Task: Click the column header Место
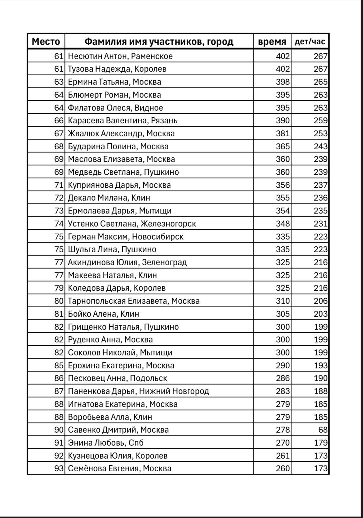click(x=46, y=42)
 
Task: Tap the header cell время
click(x=272, y=42)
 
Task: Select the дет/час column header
click(x=310, y=42)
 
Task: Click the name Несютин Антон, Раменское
click(x=120, y=56)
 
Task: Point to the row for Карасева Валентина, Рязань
click(x=123, y=120)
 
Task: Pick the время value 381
click(x=283, y=133)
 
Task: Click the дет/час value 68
click(x=323, y=430)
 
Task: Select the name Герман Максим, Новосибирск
click(x=126, y=237)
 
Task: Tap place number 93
click(x=59, y=468)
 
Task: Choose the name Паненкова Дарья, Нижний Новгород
click(x=138, y=391)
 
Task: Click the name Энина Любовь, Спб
click(x=106, y=443)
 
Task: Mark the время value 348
click(x=283, y=224)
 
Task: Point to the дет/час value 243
click(x=321, y=146)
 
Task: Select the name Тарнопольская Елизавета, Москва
click(x=134, y=301)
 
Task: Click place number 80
click(x=59, y=301)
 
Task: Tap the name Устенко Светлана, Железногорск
click(x=132, y=224)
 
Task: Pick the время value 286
click(x=283, y=378)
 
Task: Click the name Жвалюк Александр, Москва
click(x=121, y=133)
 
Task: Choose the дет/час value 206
click(x=321, y=301)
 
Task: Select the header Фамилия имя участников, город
click(x=159, y=42)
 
